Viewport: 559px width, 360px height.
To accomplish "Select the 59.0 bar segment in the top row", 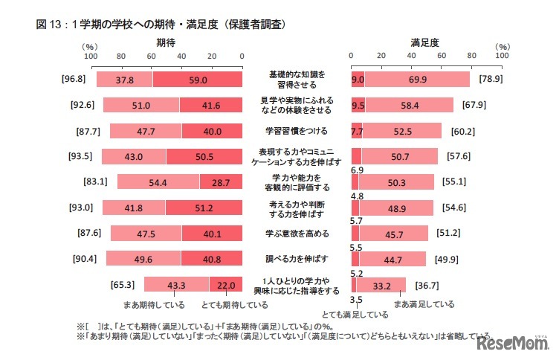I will (x=197, y=80).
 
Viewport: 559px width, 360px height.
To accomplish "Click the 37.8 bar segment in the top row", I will (x=124, y=80).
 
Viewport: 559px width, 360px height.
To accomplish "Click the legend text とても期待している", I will (x=235, y=305).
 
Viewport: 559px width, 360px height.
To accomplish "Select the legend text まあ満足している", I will (x=424, y=304).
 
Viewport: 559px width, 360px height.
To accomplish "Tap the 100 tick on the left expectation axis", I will (x=91, y=56).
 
